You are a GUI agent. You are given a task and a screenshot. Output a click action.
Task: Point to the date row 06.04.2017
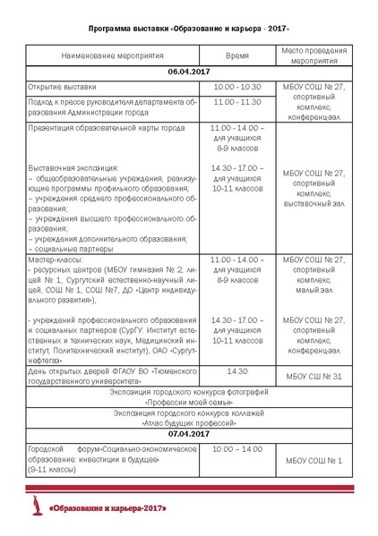(189, 71)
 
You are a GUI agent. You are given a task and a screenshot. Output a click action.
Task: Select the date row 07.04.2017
(189, 434)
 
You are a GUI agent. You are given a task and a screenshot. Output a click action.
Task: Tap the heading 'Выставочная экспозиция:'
(73, 167)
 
